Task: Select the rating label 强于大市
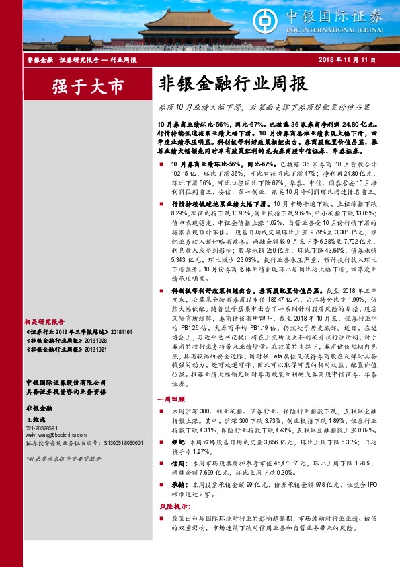(x=79, y=86)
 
